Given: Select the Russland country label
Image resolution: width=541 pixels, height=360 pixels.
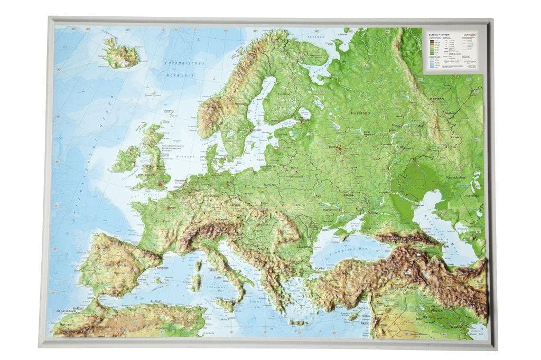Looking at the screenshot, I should pos(361,113).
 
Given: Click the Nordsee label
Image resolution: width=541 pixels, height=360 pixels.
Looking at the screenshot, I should pos(186,157).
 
